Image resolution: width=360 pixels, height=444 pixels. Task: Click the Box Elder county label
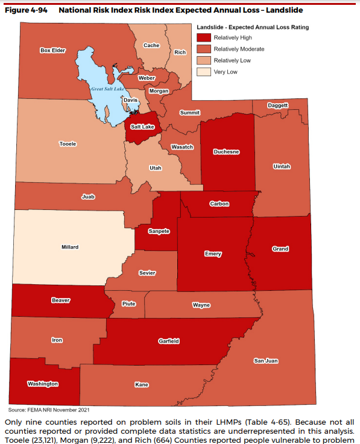(x=52, y=50)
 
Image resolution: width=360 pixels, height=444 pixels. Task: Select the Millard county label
(x=70, y=247)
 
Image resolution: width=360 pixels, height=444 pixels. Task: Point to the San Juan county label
(x=265, y=361)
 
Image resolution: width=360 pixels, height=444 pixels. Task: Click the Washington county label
(x=43, y=384)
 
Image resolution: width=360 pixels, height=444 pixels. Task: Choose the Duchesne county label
(x=227, y=152)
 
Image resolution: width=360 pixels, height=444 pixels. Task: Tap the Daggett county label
(x=278, y=105)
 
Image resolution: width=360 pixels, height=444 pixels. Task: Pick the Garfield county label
(x=168, y=341)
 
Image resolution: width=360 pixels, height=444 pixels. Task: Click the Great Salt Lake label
(x=107, y=89)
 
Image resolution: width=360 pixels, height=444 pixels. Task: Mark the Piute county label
(x=128, y=303)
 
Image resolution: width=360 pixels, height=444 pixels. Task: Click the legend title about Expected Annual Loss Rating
(x=253, y=27)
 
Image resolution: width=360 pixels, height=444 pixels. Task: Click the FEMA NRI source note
(x=54, y=409)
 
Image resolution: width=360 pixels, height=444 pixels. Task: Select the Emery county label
(x=213, y=254)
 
